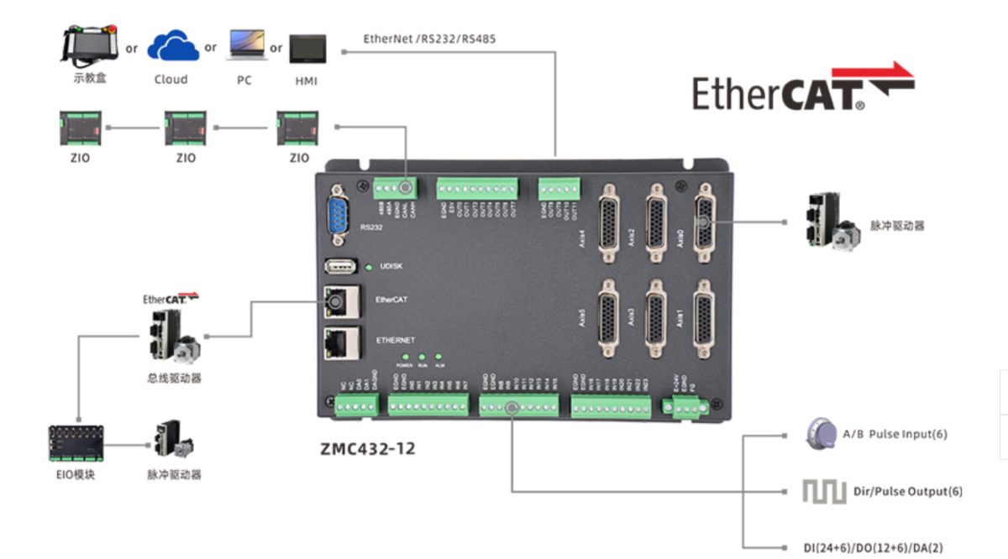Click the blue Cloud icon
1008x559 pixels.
[173, 45]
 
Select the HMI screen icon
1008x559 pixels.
[307, 49]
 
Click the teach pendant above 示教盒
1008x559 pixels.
[89, 45]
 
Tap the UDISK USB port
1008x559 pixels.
[340, 267]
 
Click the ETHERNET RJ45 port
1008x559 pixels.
[341, 341]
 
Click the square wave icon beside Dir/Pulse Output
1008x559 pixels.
[823, 491]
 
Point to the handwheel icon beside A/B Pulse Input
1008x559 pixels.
[820, 433]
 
